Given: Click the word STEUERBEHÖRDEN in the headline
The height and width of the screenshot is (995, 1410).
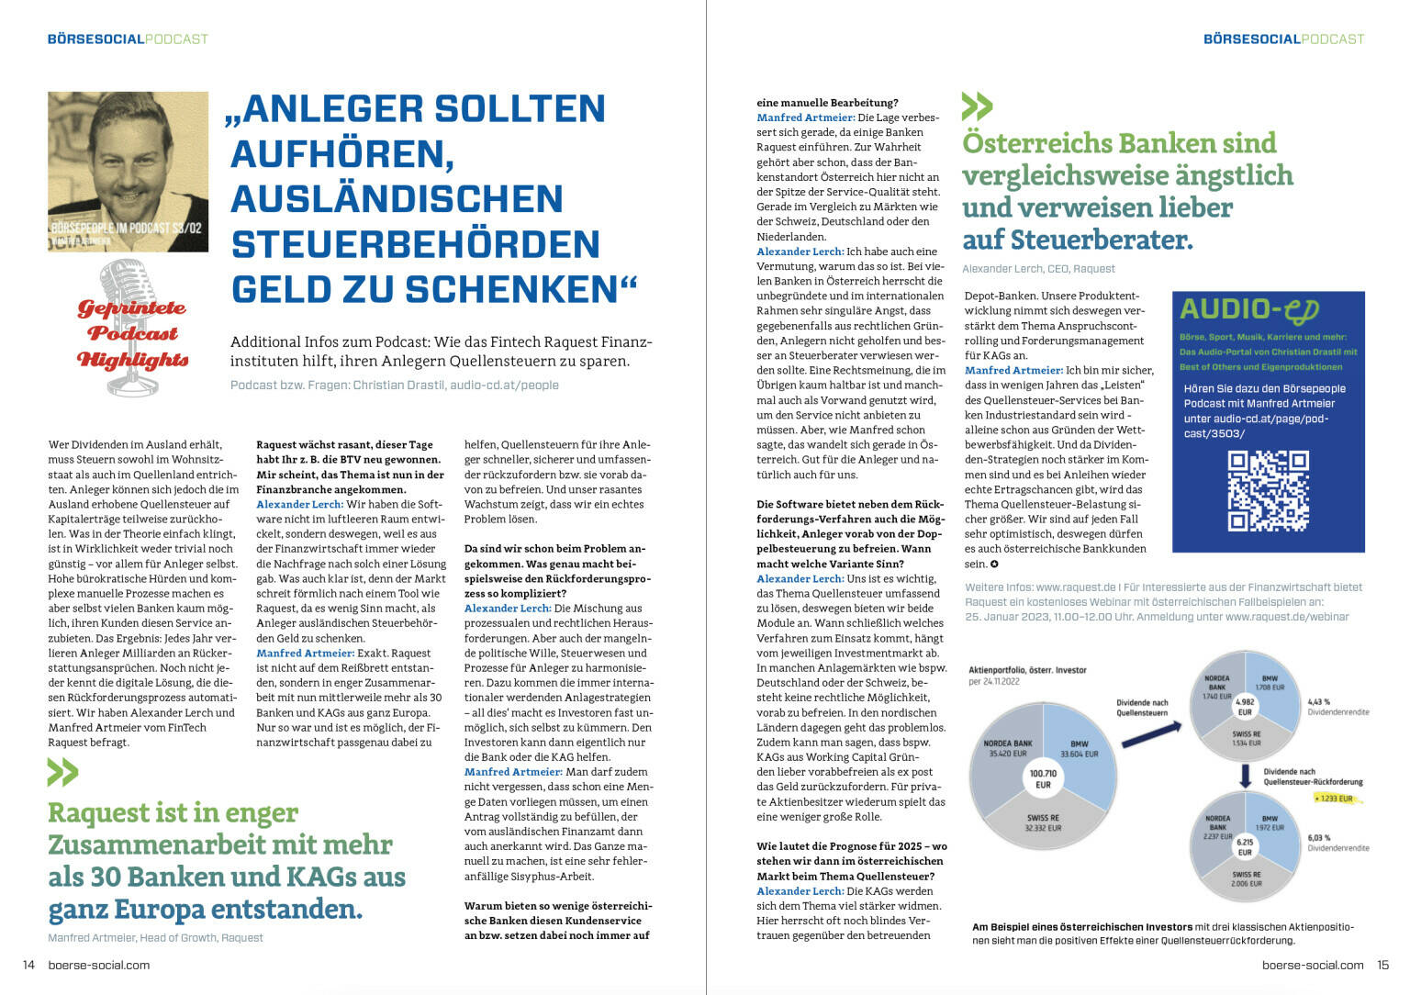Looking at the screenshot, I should click(x=415, y=244).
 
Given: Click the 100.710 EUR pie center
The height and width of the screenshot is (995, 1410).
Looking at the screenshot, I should click(x=1043, y=779).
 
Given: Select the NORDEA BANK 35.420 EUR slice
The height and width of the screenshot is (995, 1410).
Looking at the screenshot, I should click(x=1007, y=748).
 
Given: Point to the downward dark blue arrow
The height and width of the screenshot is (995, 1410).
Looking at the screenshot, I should click(x=1245, y=776).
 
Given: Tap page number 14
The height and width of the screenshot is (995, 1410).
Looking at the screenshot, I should click(x=28, y=965).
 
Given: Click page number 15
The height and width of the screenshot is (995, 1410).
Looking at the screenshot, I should click(x=1382, y=965).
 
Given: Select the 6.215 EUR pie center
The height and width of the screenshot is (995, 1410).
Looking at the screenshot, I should click(x=1245, y=846).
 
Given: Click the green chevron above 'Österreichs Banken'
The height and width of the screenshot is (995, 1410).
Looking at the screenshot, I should click(x=977, y=106).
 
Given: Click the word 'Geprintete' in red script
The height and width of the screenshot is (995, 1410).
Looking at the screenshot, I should click(x=130, y=307).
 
